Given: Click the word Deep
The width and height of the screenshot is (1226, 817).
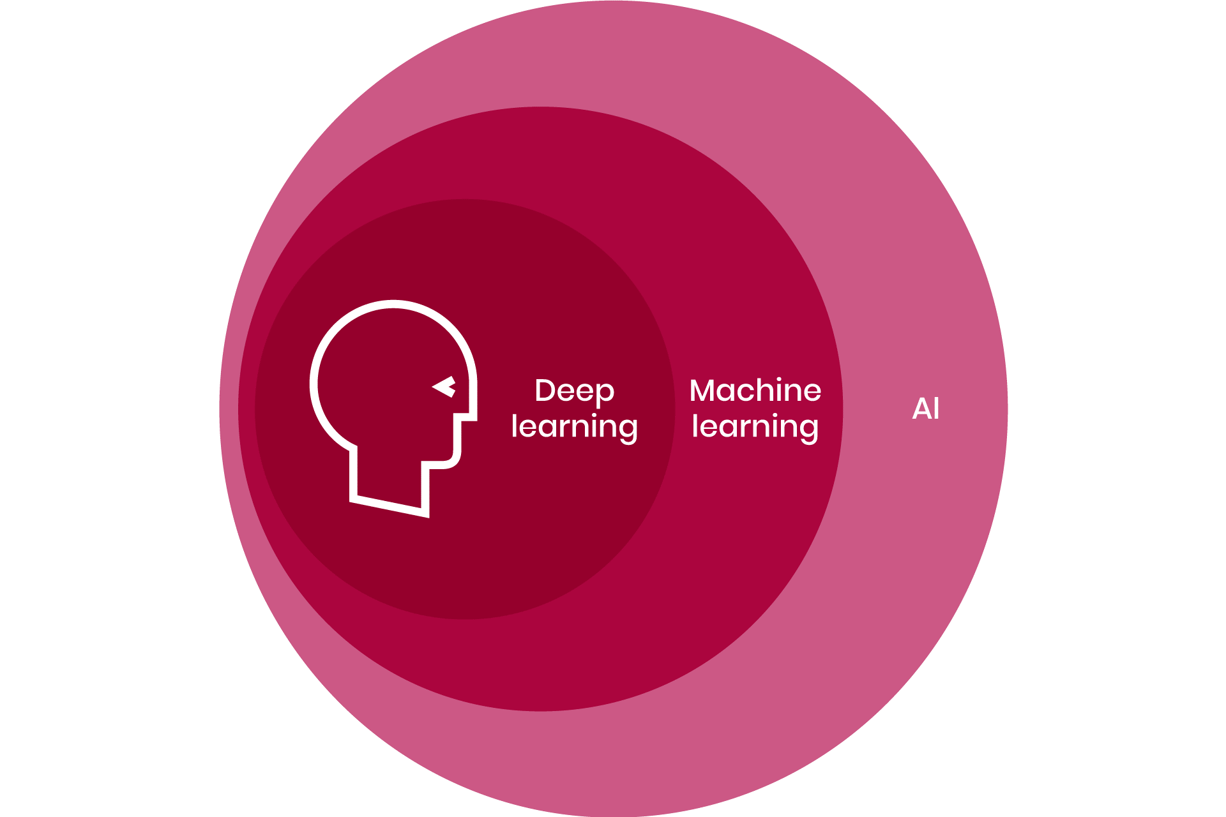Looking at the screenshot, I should [574, 391].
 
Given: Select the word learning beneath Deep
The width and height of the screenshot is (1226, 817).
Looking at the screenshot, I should [574, 426].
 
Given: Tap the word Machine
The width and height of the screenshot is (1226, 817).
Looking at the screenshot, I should [755, 390].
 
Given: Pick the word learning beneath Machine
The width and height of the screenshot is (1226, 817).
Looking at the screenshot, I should [755, 426].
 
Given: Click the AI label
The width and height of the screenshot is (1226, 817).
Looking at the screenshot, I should [926, 409].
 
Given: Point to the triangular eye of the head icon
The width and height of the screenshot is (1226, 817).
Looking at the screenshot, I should [445, 386].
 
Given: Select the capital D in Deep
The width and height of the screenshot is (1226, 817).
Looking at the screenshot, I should [545, 391].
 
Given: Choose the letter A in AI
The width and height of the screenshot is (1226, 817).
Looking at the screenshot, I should [921, 409].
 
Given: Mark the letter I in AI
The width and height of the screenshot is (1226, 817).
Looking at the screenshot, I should [937, 409].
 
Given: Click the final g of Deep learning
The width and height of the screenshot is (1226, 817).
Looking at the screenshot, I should [628, 429].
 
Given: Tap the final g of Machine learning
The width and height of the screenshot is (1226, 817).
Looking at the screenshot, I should [809, 429].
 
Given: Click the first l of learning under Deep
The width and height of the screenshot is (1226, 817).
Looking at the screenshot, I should [514, 425].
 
